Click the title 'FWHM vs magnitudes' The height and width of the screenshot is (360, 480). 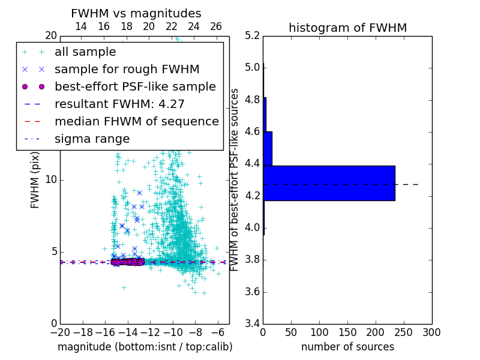[136, 14]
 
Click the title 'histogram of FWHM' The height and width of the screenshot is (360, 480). [347, 28]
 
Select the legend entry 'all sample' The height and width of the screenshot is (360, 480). [85, 52]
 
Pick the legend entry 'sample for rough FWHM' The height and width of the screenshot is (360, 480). [127, 70]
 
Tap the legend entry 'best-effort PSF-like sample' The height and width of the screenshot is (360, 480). [135, 87]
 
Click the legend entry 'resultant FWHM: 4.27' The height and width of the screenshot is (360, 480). [119, 104]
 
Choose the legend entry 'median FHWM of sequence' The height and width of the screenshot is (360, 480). [136, 122]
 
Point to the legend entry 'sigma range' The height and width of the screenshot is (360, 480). [92, 139]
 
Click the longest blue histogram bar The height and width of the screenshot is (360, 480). [329, 183]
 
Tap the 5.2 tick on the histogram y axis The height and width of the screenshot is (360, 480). [252, 35]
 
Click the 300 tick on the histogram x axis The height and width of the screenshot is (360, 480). [432, 332]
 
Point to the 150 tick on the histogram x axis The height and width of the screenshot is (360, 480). [347, 332]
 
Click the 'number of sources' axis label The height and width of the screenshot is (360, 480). [347, 347]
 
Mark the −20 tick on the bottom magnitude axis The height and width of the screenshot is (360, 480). [60, 332]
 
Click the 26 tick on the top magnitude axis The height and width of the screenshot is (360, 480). [216, 26]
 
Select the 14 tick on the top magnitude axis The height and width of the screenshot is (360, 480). [81, 26]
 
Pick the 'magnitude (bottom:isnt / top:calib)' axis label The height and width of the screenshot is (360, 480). [145, 347]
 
